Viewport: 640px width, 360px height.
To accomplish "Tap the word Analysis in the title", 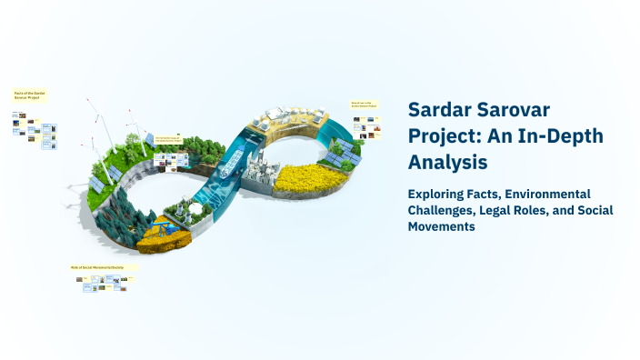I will point(448,162).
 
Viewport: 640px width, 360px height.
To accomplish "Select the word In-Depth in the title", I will point(565,136).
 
